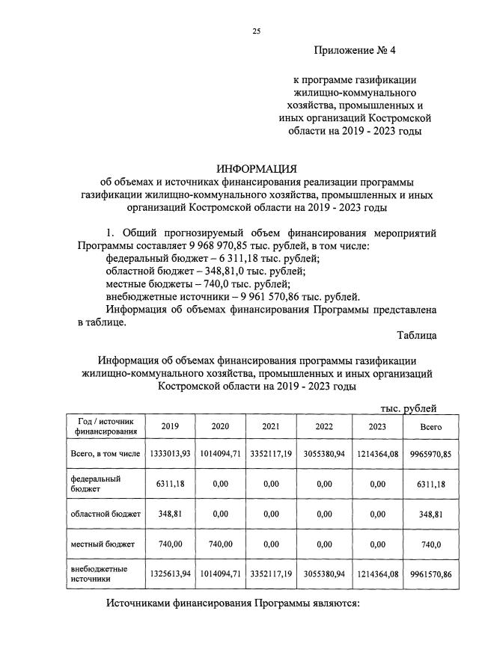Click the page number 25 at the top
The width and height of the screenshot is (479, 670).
point(256,31)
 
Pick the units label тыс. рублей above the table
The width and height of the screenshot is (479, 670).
point(408,408)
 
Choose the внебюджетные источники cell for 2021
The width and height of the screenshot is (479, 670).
point(272,574)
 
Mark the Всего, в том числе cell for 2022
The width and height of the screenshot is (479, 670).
point(323,454)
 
